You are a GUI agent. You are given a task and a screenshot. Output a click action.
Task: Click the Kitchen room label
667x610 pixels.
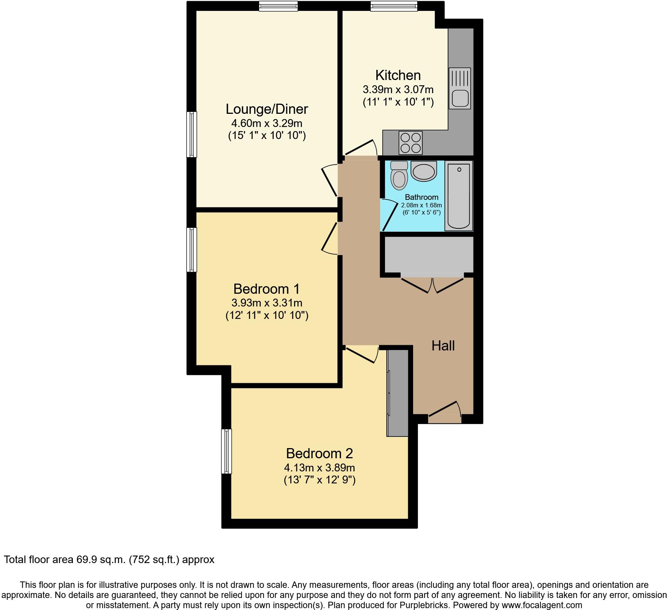(398, 75)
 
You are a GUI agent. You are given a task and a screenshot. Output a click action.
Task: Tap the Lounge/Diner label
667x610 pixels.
(267, 109)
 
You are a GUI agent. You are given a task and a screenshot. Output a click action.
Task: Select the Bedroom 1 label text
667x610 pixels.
(267, 289)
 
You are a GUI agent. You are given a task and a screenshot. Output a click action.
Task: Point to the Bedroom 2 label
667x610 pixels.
(319, 453)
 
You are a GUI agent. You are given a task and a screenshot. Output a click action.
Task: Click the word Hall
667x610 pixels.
(443, 346)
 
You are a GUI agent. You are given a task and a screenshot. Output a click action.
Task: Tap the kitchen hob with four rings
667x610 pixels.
(410, 143)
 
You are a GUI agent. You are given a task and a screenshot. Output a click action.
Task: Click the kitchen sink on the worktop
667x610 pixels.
(460, 88)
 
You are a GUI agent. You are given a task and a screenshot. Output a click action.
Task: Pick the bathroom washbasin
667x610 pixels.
(424, 171)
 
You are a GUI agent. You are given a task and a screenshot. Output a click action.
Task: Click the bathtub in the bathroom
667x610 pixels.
(459, 196)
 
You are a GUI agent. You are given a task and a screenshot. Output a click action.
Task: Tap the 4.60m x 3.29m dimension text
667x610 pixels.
(267, 123)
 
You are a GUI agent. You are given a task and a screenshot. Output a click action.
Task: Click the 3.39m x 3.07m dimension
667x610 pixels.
(398, 90)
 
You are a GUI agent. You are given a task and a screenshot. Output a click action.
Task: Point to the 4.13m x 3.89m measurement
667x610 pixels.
(319, 468)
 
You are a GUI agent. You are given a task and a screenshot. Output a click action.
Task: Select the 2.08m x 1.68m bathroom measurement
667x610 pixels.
(421, 205)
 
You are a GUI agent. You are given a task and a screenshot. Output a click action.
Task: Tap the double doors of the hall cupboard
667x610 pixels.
(432, 284)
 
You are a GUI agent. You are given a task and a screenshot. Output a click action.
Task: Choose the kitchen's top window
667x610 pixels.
(394, 5)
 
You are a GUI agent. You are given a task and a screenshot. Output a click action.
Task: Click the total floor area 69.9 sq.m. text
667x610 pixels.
(109, 560)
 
